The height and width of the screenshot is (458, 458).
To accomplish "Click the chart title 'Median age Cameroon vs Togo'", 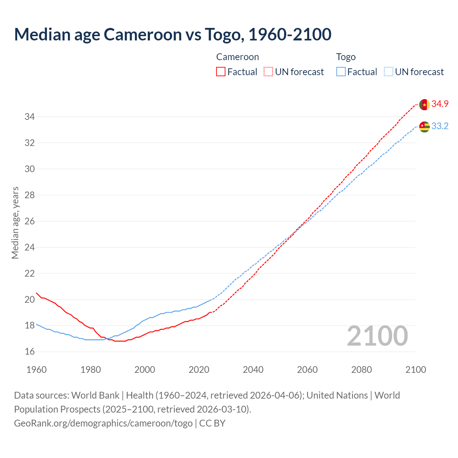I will [172, 34].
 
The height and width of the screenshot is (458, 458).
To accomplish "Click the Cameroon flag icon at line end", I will [424, 104].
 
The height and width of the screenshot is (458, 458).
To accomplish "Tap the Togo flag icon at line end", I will [424, 127].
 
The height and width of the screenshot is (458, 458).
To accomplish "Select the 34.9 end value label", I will [440, 104].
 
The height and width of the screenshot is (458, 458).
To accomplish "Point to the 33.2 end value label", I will [440, 126].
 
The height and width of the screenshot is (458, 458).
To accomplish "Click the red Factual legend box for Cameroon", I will [221, 72].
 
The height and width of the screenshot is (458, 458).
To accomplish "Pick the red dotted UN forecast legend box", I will [268, 72].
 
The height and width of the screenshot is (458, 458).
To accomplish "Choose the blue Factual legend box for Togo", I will [341, 72].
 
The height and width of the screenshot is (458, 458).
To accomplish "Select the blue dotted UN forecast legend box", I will [389, 72].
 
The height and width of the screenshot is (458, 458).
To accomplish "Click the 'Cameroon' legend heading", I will [237, 57].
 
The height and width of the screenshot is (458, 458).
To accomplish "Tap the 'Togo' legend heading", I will [346, 57].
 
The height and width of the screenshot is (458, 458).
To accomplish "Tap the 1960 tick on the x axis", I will [36, 370].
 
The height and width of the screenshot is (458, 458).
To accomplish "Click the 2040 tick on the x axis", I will [253, 370].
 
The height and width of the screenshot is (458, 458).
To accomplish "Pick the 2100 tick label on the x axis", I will [415, 370].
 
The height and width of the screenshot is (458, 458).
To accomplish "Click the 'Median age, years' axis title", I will [15, 223].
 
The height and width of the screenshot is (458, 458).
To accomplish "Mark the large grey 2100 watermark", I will [377, 336].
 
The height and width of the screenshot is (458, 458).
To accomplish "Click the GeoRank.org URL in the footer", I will [103, 423].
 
